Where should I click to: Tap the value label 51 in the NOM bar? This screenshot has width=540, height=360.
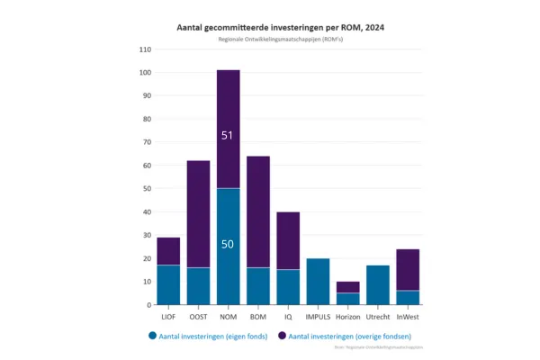point(228,136)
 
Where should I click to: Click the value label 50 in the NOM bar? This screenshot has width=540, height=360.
point(228,244)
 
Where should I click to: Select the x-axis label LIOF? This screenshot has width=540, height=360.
point(168,317)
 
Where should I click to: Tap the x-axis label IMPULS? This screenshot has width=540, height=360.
point(318,317)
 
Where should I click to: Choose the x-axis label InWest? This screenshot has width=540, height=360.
point(408,317)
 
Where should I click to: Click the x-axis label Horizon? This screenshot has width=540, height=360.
point(347,317)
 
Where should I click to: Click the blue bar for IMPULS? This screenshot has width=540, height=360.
point(318,282)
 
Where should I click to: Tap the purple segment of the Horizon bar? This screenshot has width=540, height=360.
point(347,287)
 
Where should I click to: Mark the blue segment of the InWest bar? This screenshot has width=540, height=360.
point(408,298)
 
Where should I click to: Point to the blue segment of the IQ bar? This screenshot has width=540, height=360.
point(288,287)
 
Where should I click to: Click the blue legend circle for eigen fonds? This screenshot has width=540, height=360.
point(153,335)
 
